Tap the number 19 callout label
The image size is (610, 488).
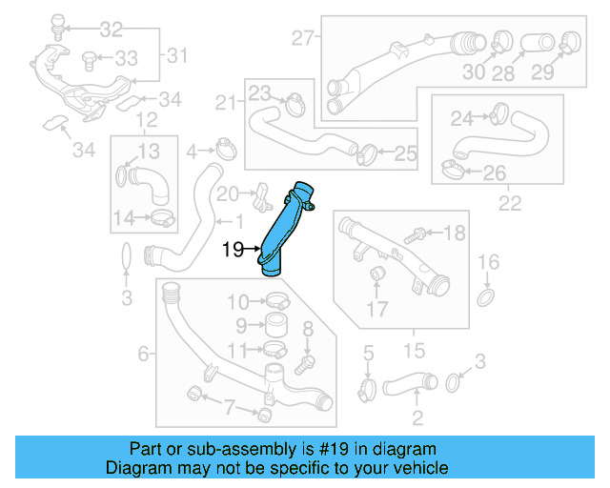(x=233, y=251)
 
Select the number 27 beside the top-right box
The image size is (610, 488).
(x=302, y=39)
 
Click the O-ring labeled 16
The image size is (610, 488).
(x=486, y=299)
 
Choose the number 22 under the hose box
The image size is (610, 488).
(x=511, y=204)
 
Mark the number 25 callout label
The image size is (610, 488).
(x=406, y=152)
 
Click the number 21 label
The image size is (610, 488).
(x=226, y=102)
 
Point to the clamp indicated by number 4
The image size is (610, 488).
(x=226, y=149)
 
